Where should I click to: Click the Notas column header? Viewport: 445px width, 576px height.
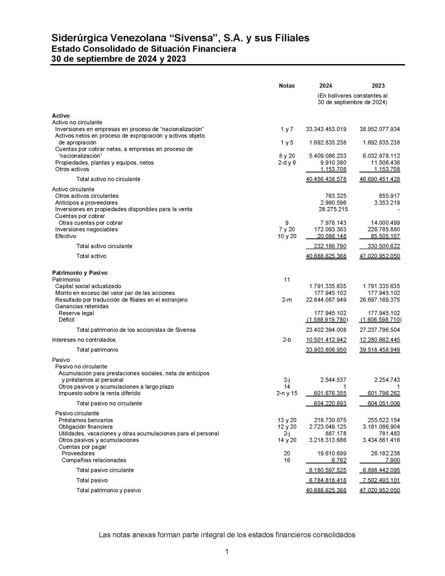pyautogui.click(x=286, y=85)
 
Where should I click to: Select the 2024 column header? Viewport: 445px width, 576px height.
pyautogui.click(x=325, y=85)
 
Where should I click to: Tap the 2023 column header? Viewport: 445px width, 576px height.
pyautogui.click(x=378, y=85)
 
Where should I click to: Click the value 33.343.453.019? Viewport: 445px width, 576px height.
pyautogui.click(x=326, y=129)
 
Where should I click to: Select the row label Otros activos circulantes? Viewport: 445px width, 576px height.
pyautogui.click(x=87, y=195)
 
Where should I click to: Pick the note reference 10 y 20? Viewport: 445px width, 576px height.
pyautogui.click(x=286, y=236)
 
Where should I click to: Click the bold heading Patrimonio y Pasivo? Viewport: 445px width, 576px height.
pyautogui.click(x=79, y=272)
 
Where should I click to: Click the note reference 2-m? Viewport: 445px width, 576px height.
pyautogui.click(x=286, y=299)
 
